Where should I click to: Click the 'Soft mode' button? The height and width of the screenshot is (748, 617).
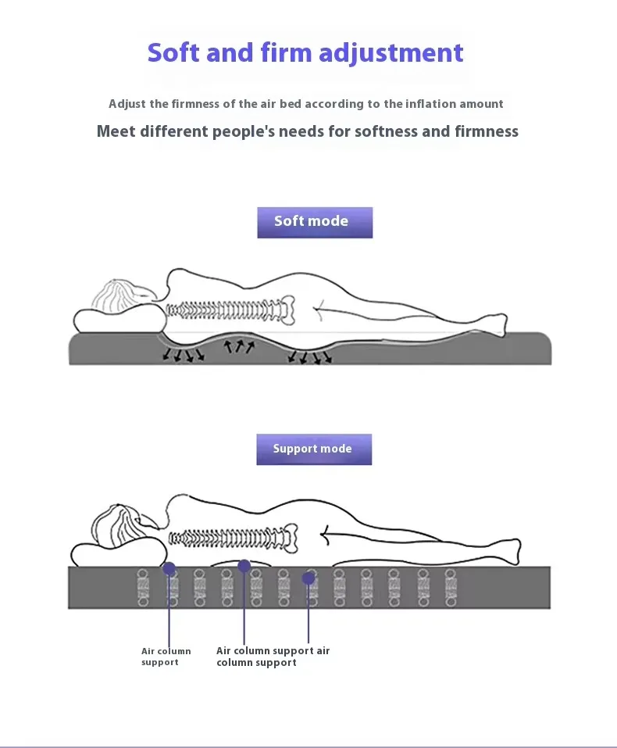click(x=315, y=222)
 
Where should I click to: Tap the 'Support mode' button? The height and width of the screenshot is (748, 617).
click(x=314, y=449)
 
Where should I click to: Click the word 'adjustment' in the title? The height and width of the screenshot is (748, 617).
click(x=391, y=53)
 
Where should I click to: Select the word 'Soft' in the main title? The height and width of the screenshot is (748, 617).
click(x=174, y=52)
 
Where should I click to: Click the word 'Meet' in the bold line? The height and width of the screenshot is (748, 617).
click(x=116, y=131)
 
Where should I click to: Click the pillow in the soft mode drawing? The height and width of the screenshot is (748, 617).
click(x=119, y=320)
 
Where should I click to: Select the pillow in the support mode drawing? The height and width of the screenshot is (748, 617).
click(x=119, y=554)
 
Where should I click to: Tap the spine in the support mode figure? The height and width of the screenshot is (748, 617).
click(x=234, y=539)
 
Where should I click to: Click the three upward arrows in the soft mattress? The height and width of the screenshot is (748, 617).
click(x=239, y=345)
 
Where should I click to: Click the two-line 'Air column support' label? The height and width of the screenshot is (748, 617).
click(x=166, y=657)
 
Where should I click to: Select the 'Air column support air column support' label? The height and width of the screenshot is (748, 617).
click(x=273, y=657)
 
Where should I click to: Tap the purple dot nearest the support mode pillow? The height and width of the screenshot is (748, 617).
click(x=169, y=568)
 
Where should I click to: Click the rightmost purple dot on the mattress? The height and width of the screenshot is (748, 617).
click(x=308, y=578)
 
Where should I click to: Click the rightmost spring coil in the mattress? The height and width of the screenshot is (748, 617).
click(x=451, y=587)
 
